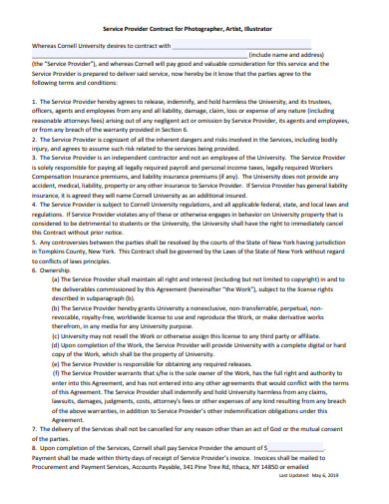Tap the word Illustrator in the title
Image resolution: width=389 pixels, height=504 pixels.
(x=258, y=30)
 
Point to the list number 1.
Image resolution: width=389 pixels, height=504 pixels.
(x=35, y=103)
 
